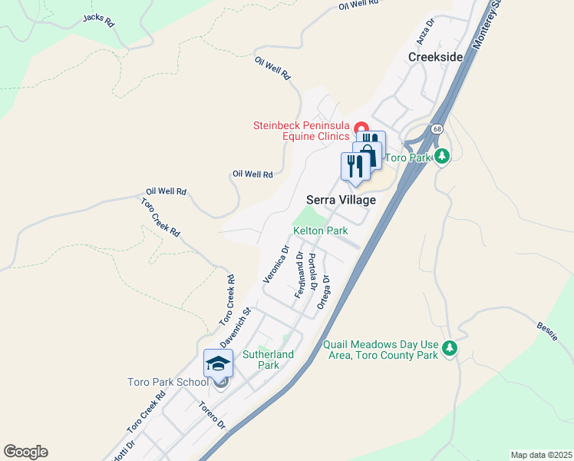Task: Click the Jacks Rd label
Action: pyautogui.click(x=98, y=20)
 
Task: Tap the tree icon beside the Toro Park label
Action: pyautogui.click(x=441, y=157)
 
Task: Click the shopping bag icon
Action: pyautogui.click(x=369, y=155)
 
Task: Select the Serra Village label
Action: pyautogui.click(x=341, y=200)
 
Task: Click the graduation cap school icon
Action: pyautogui.click(x=218, y=362)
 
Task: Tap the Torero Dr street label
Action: pyautogui.click(x=212, y=416)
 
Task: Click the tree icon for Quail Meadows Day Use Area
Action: pyautogui.click(x=450, y=349)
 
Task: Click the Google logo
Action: pyautogui.click(x=25, y=452)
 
